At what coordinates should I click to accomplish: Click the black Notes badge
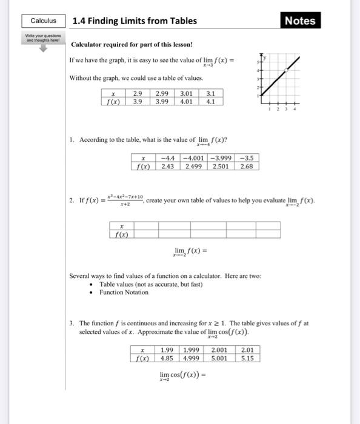pyautogui.click(x=300, y=21)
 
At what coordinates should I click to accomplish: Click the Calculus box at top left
pyautogui.click(x=44, y=21)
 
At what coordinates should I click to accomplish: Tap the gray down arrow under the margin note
pyautogui.click(x=42, y=47)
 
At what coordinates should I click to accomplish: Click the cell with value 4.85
pyautogui.click(x=167, y=357)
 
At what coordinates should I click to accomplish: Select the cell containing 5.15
pyautogui.click(x=248, y=357)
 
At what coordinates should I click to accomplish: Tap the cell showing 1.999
pyautogui.click(x=193, y=349)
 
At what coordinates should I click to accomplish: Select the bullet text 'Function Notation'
pyautogui.click(x=124, y=292)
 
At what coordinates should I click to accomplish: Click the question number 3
pyautogui.click(x=72, y=323)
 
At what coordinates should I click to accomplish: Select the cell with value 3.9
pyautogui.click(x=138, y=102)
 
